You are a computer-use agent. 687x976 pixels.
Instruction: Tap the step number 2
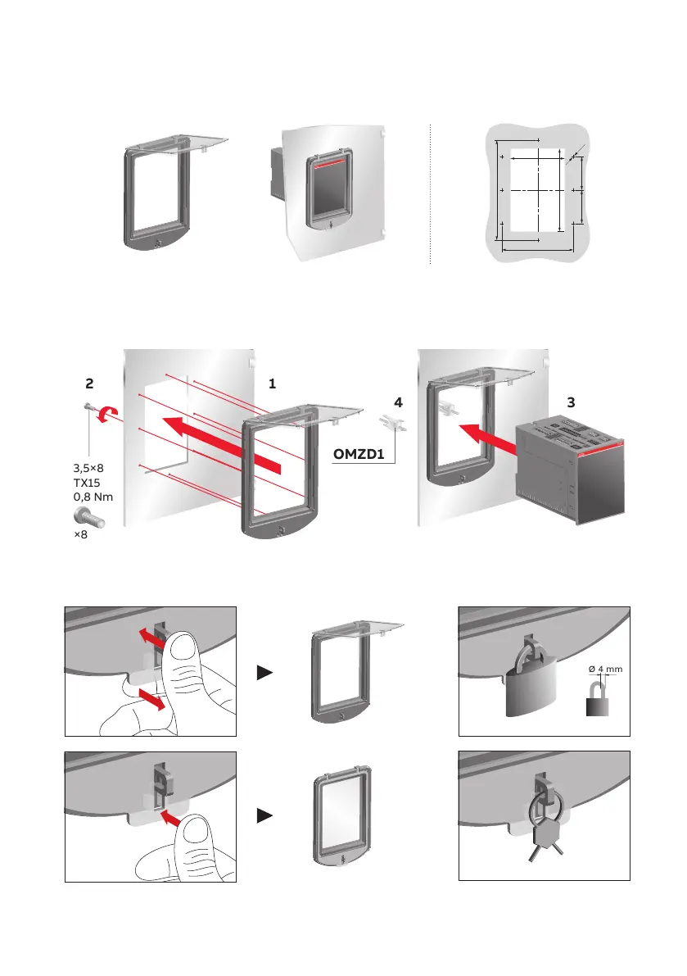point(91,384)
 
